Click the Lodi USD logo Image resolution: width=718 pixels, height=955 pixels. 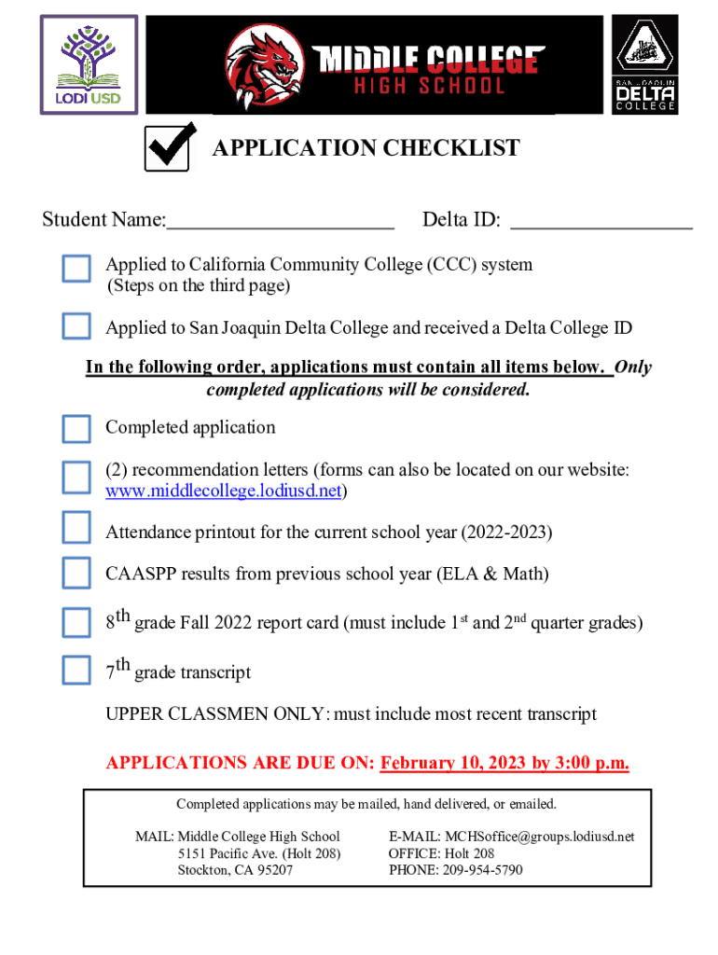pyautogui.click(x=88, y=64)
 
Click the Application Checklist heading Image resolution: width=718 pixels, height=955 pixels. pyautogui.click(x=366, y=148)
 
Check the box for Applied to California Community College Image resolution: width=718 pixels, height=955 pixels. pyautogui.click(x=76, y=269)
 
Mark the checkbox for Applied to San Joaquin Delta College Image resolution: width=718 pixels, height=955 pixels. pyautogui.click(x=76, y=326)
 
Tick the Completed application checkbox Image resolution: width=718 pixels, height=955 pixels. pyautogui.click(x=76, y=428)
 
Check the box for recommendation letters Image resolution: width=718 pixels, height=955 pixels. pyautogui.click(x=76, y=477)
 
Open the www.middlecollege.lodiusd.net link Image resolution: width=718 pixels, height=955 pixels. pyautogui.click(x=223, y=491)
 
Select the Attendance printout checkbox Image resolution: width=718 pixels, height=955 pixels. pyautogui.click(x=76, y=528)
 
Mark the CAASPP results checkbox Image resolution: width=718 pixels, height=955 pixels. pyautogui.click(x=76, y=572)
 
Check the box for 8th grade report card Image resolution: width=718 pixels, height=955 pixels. pyautogui.click(x=76, y=621)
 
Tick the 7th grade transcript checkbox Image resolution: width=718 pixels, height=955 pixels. pyautogui.click(x=76, y=670)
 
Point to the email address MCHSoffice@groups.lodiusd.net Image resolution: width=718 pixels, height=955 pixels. pyautogui.click(x=538, y=837)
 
